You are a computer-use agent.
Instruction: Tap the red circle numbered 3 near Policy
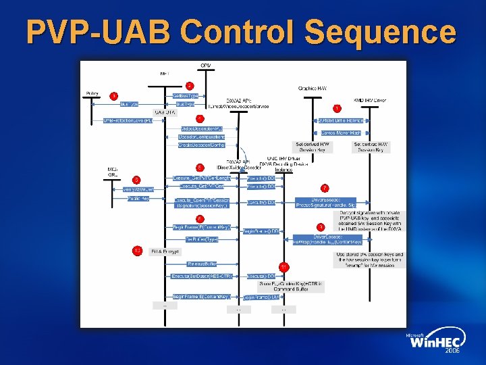[x=113, y=96]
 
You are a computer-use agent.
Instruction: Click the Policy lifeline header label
[x=92, y=93]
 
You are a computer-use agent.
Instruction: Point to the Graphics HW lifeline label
[x=313, y=88]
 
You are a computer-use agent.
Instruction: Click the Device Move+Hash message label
[x=340, y=133]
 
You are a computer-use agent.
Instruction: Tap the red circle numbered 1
[x=337, y=108]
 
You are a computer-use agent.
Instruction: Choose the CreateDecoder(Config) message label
[x=202, y=145]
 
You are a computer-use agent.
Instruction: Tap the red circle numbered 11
[x=283, y=267]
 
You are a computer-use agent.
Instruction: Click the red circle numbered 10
[x=136, y=251]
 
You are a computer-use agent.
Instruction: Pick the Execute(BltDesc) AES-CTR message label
[x=202, y=276]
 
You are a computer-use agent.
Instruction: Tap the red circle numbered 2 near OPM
[x=190, y=86]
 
